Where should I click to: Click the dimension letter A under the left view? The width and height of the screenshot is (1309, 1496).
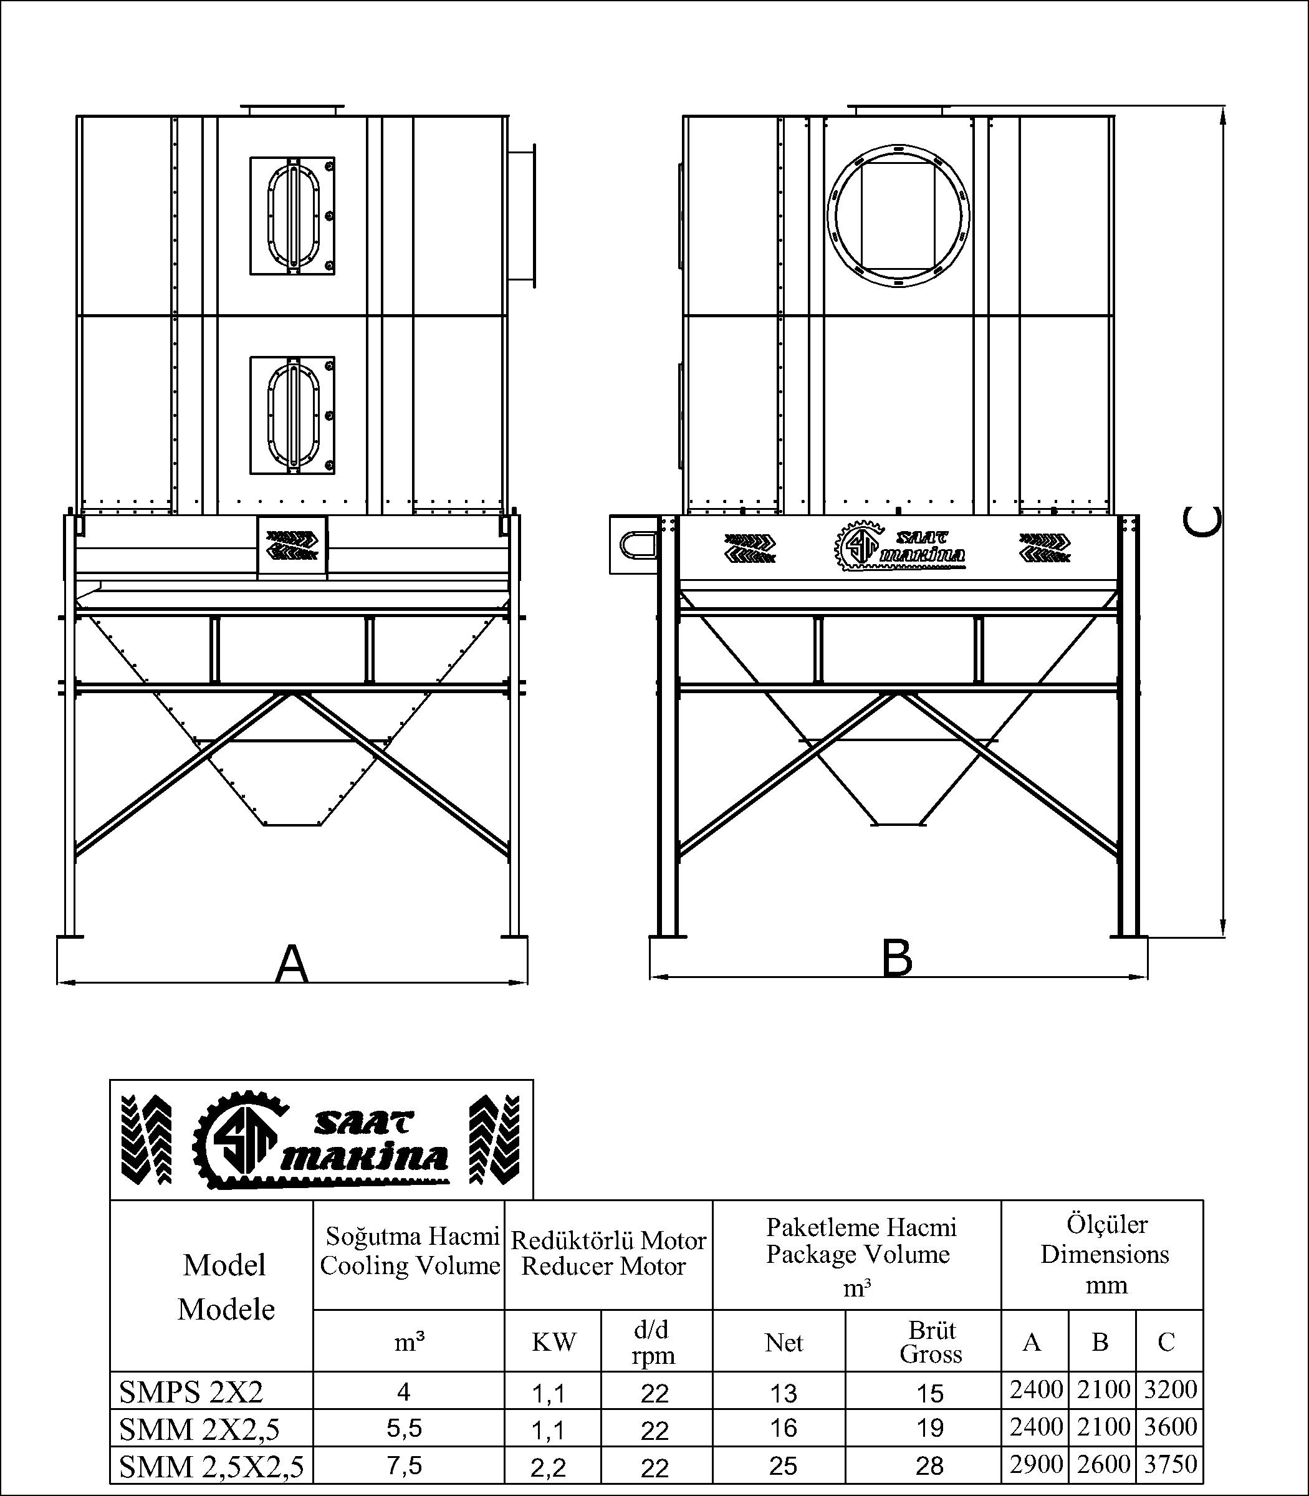pos(292,964)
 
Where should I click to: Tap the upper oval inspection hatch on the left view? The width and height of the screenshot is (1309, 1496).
pos(293,216)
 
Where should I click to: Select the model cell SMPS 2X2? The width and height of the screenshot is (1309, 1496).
pos(191,1393)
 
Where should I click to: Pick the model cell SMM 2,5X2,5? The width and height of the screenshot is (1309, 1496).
pos(211,1466)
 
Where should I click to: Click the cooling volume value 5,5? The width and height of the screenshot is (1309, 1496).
pos(404,1428)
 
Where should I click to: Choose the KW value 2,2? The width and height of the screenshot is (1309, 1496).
pos(549,1467)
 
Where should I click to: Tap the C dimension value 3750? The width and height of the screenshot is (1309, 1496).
pos(1169,1464)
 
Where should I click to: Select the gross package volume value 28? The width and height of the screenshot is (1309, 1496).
pos(929,1466)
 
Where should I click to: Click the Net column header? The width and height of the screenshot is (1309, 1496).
pos(783,1343)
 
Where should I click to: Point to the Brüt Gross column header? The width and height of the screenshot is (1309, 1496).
pos(931,1342)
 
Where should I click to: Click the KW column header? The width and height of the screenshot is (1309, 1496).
pos(553,1342)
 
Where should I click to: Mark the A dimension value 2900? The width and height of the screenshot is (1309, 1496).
pos(1035,1464)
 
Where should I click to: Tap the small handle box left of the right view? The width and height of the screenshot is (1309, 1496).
pos(633,544)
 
